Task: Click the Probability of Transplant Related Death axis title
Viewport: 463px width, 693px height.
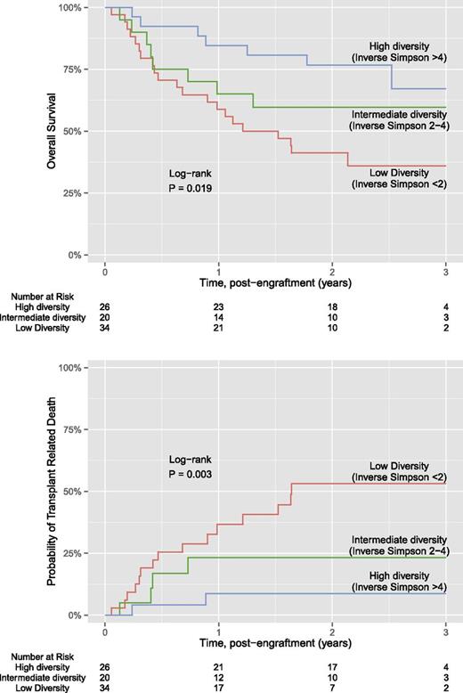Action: [63, 491]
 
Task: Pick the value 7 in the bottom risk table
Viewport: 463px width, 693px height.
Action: [331, 686]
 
